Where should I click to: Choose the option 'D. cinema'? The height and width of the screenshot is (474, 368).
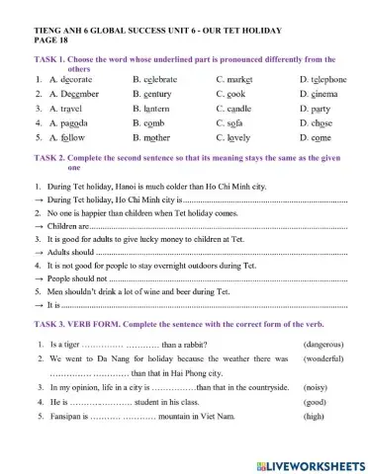click(x=319, y=94)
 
